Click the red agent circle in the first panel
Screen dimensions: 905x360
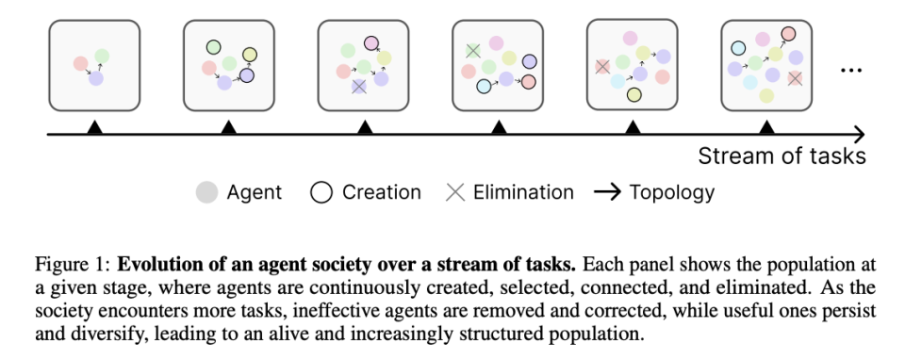pyautogui.click(x=81, y=63)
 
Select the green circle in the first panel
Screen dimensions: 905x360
pyautogui.click(x=102, y=57)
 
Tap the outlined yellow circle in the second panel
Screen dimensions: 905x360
pyautogui.click(x=249, y=55)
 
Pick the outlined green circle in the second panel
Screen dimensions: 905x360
pyautogui.click(x=214, y=47)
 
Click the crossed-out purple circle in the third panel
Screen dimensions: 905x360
pyautogui.click(x=359, y=87)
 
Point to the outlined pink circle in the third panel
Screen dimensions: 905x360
pyautogui.click(x=371, y=43)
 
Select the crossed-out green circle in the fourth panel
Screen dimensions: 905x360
pyautogui.click(x=473, y=51)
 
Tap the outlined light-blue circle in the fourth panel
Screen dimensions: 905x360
pyautogui.click(x=484, y=87)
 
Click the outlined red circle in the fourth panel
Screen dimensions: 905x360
pyautogui.click(x=528, y=82)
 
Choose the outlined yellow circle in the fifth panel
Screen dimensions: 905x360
pyautogui.click(x=633, y=94)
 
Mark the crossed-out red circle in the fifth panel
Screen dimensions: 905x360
pyautogui.click(x=602, y=67)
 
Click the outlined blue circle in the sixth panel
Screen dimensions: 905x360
pyautogui.click(x=738, y=48)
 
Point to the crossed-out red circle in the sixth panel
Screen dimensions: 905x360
pyautogui.click(x=795, y=78)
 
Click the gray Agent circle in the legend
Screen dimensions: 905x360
pyautogui.click(x=206, y=192)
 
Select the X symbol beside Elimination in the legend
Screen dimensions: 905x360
pyautogui.click(x=455, y=192)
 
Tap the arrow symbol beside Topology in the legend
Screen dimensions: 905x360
pyautogui.click(x=608, y=192)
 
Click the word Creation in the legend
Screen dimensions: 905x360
pyautogui.click(x=382, y=192)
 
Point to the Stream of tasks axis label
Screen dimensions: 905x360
pyautogui.click(x=782, y=155)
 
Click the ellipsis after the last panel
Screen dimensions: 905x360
pyautogui.click(x=851, y=71)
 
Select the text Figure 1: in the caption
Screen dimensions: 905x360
pyautogui.click(x=73, y=265)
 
